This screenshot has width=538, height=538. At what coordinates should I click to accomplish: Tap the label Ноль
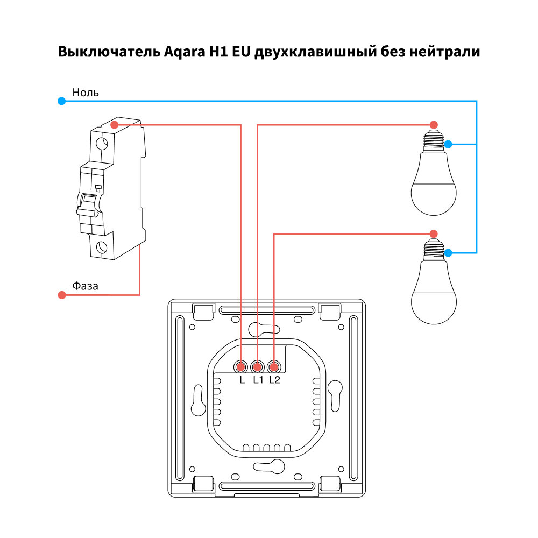[x=86, y=93]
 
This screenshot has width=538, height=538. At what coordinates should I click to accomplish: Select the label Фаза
[x=86, y=286]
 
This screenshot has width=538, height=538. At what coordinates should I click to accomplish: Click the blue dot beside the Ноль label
[x=62, y=101]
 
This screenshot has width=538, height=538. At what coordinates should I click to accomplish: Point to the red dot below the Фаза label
[x=62, y=295]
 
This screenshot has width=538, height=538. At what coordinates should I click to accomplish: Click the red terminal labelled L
[x=240, y=367]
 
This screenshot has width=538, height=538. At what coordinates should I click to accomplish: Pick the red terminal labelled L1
[x=258, y=367]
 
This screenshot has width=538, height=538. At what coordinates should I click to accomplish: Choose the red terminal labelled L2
[x=274, y=367]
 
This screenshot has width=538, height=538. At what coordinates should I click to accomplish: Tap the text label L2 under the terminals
[x=275, y=380]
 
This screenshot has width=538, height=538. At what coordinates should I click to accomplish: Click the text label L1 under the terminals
[x=258, y=380]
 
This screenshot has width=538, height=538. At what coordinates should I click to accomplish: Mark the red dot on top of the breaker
[x=114, y=125]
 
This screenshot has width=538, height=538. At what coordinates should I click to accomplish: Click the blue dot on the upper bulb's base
[x=448, y=144]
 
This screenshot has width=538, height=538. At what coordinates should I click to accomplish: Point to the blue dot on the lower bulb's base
[x=448, y=252]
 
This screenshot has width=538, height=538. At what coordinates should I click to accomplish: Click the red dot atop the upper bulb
[x=434, y=125]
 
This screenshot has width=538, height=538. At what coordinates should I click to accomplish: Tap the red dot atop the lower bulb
[x=434, y=233]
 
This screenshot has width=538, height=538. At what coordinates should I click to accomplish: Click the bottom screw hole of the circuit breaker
[x=102, y=247]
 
